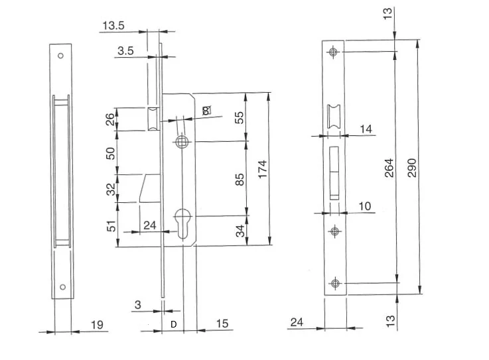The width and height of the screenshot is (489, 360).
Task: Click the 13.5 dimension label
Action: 113,25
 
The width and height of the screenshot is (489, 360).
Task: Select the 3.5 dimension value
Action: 125,50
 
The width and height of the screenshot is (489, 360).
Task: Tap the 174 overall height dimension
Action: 263,169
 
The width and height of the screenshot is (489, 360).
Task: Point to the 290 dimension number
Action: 412,168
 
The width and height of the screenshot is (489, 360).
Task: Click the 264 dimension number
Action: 389,168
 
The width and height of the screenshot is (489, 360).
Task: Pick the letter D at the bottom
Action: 174,324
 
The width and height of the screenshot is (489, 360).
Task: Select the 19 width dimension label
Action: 97,325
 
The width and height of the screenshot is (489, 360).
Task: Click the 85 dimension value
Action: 240,180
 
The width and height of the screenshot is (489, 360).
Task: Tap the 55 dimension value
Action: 240,117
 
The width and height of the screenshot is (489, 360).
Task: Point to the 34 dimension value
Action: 240,231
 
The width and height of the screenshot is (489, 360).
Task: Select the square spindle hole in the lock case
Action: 181,142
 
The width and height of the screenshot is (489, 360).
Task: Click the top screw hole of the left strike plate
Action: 60,56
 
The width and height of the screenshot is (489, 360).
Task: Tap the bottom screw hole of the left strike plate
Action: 62,287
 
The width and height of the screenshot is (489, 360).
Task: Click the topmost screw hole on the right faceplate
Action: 333,52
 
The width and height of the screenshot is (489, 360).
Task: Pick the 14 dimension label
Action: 366,129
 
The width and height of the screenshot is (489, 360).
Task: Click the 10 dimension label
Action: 365,206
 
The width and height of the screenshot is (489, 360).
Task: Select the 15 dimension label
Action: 222,324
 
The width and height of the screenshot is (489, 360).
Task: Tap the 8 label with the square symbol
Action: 206,110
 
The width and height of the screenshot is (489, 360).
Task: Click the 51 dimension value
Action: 111,226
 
